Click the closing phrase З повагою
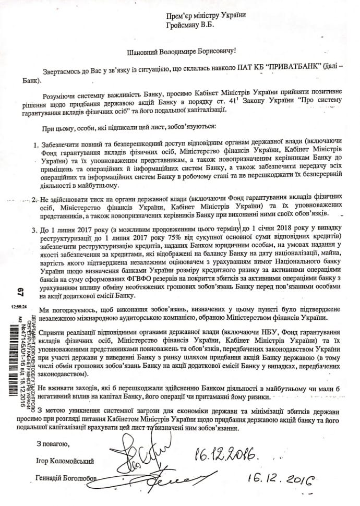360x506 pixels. pyautogui.click(x=52, y=443)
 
